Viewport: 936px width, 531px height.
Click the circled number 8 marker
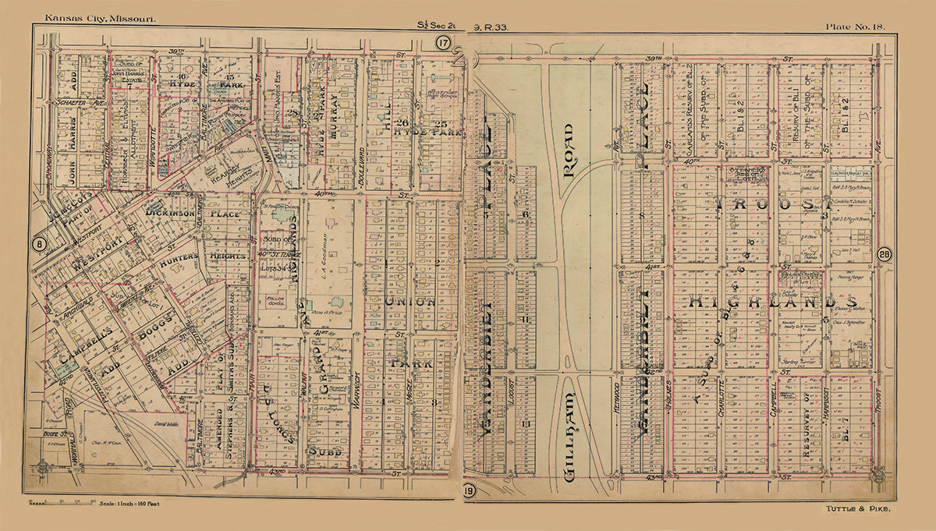(x=37, y=245)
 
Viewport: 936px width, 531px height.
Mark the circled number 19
(x=468, y=490)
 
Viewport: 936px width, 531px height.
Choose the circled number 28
(x=884, y=253)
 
